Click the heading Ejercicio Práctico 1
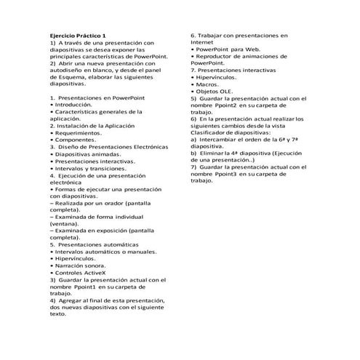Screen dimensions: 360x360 [x=78, y=35]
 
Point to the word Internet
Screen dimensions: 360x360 [x=205, y=41]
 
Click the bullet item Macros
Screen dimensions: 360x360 [x=211, y=84]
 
